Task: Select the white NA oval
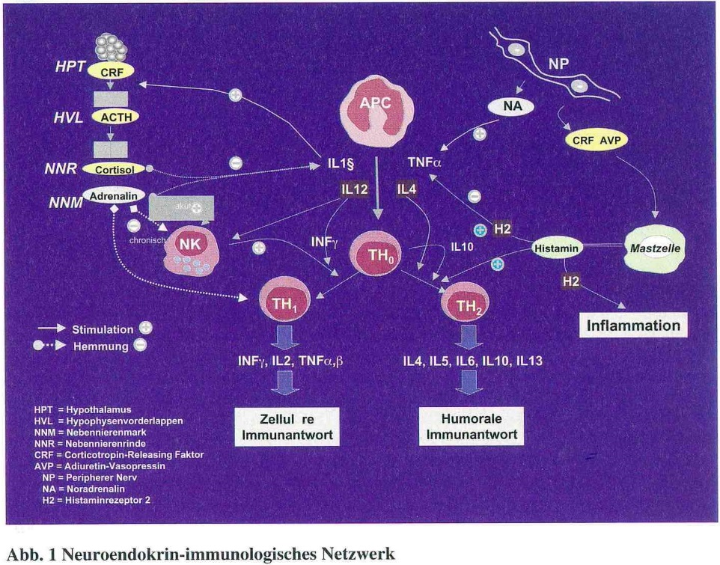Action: click(513, 107)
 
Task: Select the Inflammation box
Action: click(633, 326)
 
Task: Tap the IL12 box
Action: click(354, 190)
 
